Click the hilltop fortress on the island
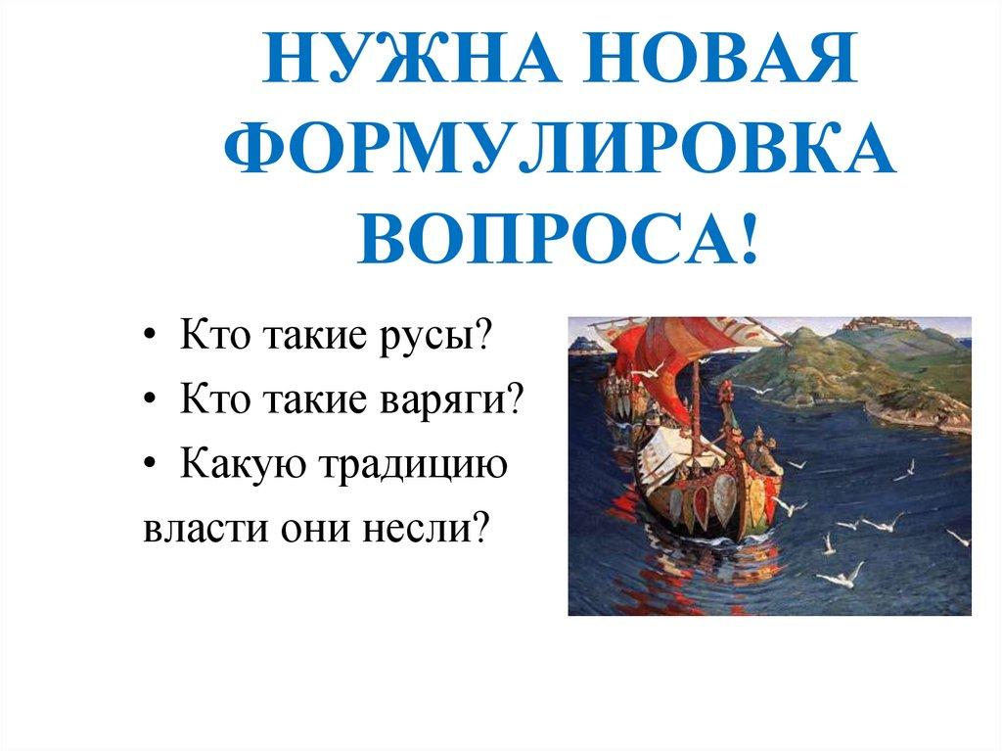[x=867, y=324]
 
